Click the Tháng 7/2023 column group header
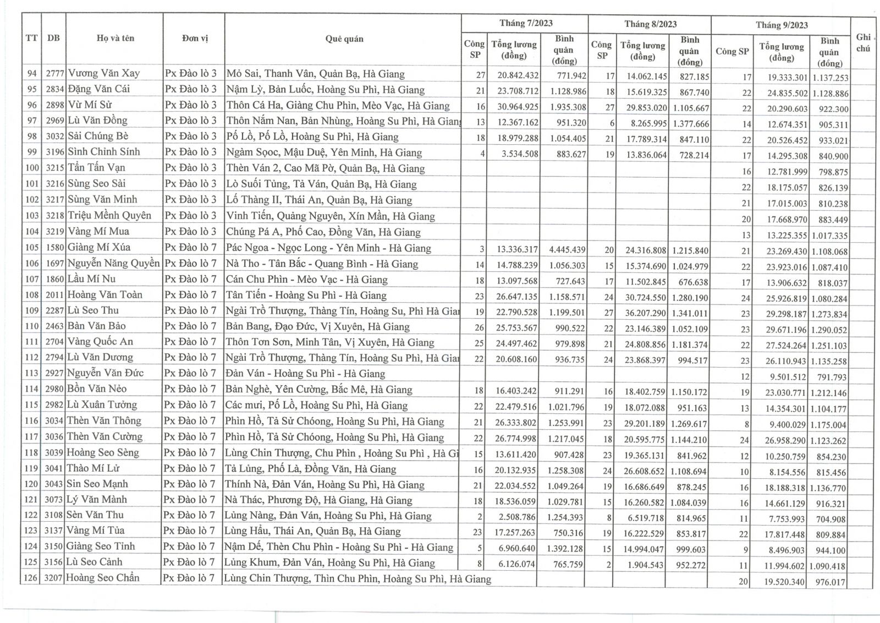[525, 23]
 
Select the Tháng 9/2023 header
[781, 25]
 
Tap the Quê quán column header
[344, 39]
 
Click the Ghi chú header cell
[863, 42]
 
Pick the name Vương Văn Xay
[103, 73]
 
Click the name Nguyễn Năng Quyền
[113, 263]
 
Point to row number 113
[32, 373]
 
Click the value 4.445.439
[567, 250]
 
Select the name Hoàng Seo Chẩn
[103, 578]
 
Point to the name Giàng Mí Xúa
[99, 247]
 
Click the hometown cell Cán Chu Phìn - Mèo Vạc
[306, 280]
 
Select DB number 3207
[54, 578]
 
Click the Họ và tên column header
[115, 38]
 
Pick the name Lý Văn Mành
[97, 500]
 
